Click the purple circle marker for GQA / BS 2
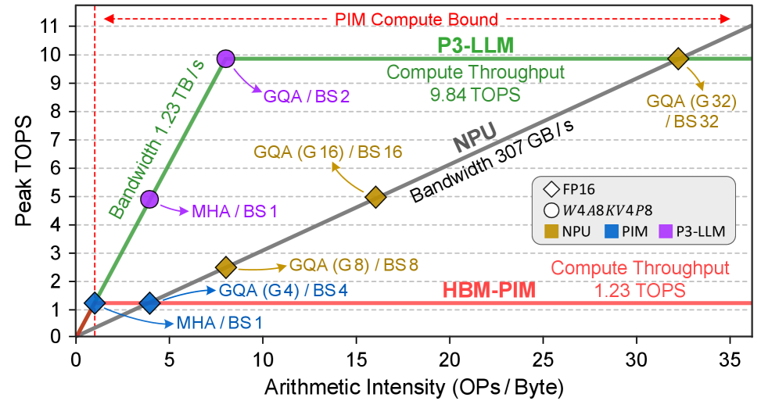pos(226,58)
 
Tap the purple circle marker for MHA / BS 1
pos(150,199)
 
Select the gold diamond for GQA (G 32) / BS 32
pos(677,58)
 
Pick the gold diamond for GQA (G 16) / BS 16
pos(376,197)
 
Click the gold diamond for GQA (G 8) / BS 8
pos(226,267)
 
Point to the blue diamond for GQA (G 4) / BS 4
pos(149,303)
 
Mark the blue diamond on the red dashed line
pos(95,303)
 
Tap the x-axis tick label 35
pos(730,360)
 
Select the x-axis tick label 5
pos(169,360)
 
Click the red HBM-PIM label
pos(490,290)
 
